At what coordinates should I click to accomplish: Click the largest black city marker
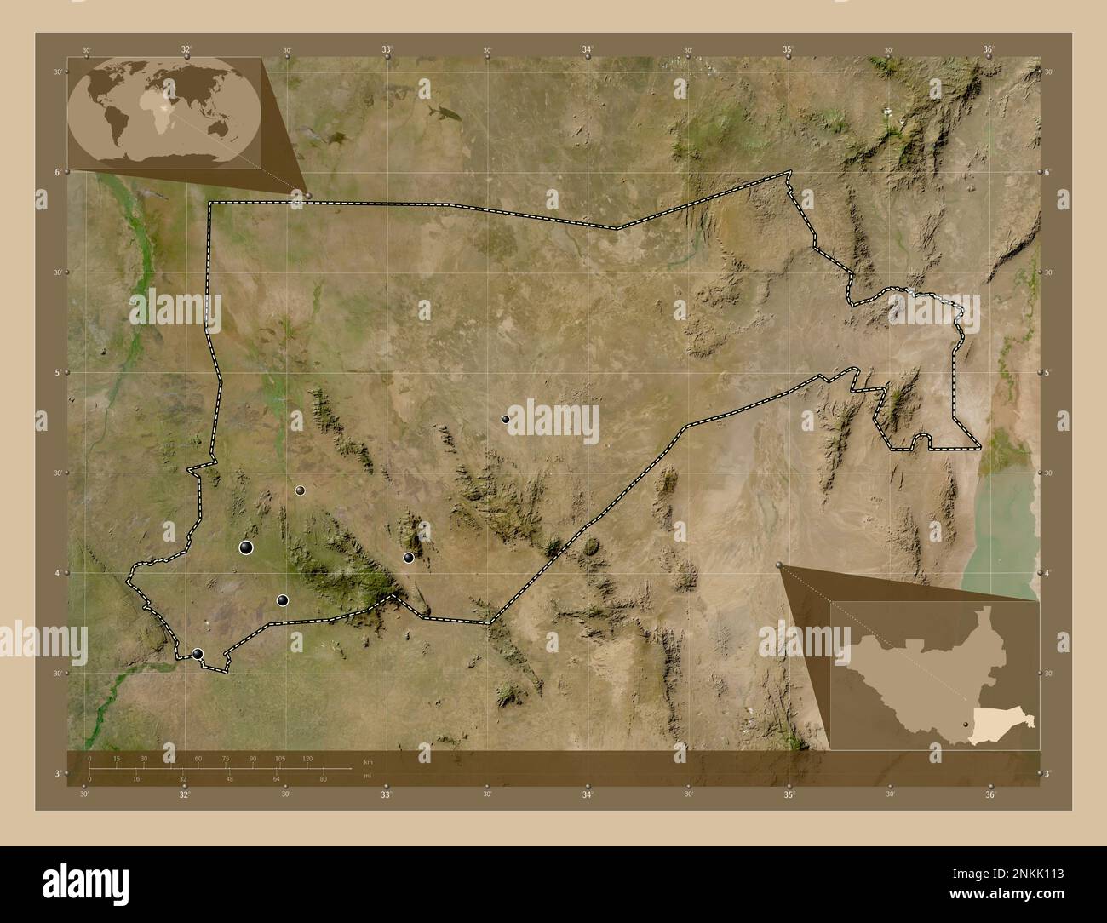(x=247, y=547)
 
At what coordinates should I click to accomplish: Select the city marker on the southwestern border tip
(x=198, y=654)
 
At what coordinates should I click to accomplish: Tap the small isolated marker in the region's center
(x=505, y=419)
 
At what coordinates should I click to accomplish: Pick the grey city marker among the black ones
(x=300, y=490)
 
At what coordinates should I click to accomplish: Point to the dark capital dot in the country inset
(x=965, y=724)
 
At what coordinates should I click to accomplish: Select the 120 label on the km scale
(x=307, y=758)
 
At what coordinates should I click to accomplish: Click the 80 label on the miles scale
(x=323, y=778)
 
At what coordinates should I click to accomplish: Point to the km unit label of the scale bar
(x=367, y=761)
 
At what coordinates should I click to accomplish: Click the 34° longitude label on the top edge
(x=588, y=50)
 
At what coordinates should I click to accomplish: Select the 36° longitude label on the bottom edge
(x=989, y=795)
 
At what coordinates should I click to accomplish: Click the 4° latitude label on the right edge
(x=1047, y=573)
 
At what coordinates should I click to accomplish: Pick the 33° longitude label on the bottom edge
(x=386, y=795)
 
